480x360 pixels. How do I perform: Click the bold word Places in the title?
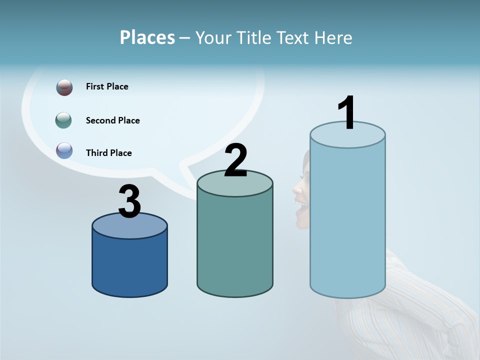click(x=147, y=37)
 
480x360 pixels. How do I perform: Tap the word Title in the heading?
click(x=254, y=37)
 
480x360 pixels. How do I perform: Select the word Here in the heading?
click(x=332, y=37)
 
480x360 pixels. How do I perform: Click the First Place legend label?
click(x=107, y=86)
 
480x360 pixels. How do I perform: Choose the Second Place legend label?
click(x=112, y=120)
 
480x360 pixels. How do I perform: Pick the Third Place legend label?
click(x=108, y=153)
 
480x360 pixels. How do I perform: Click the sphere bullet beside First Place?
click(x=64, y=87)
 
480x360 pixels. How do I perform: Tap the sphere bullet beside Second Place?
click(x=63, y=120)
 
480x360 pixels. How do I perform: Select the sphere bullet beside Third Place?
click(x=64, y=150)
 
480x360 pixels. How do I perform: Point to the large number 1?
click(x=347, y=113)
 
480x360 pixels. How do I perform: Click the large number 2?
click(x=235, y=160)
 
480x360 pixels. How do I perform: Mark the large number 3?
click(x=130, y=202)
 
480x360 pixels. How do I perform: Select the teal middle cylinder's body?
click(x=235, y=245)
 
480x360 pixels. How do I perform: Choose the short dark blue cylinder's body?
click(x=129, y=265)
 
